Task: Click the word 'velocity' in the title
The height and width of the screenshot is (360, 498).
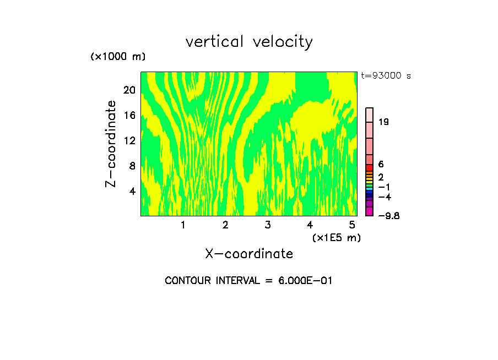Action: click(283, 42)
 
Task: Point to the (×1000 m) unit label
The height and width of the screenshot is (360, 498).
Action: click(118, 57)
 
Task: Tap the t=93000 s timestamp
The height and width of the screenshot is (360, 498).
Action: click(386, 76)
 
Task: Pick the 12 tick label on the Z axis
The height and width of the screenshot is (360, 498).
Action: click(129, 140)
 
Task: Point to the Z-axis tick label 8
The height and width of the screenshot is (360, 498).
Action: click(132, 166)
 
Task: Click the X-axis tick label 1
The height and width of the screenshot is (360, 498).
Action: click(183, 225)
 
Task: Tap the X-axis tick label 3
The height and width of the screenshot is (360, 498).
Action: click(267, 225)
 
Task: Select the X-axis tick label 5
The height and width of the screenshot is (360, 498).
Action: click(351, 225)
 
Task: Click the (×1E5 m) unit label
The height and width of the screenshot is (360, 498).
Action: click(336, 238)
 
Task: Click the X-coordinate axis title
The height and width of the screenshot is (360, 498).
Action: click(249, 254)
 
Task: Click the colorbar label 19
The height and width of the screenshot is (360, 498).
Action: click(383, 122)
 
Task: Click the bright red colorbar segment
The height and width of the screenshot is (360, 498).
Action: click(369, 167)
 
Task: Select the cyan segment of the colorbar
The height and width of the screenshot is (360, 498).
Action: click(369, 188)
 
